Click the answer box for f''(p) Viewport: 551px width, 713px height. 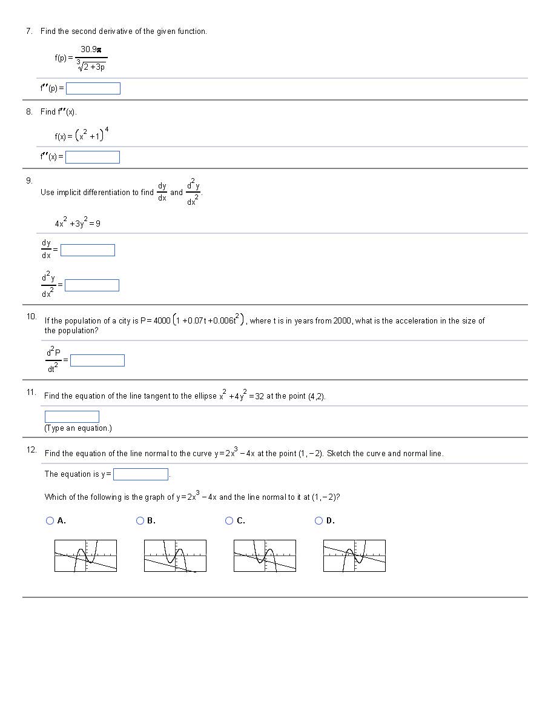tap(93, 88)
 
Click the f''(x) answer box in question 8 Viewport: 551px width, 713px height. tap(93, 158)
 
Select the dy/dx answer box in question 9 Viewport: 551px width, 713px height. tap(88, 250)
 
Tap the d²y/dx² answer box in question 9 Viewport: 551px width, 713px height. tap(92, 285)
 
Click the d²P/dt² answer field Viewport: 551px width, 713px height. tap(97, 360)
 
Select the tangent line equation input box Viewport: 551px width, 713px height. tap(72, 417)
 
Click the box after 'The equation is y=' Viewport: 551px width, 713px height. tap(141, 474)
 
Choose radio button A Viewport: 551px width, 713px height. tap(50, 520)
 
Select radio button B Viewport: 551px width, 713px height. tap(140, 520)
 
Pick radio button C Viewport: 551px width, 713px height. tap(229, 520)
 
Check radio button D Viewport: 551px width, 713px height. tap(319, 520)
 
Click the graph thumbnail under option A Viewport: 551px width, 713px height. tap(85, 555)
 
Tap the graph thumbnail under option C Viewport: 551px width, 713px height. tap(265, 555)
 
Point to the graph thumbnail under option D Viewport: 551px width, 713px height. tap(354, 555)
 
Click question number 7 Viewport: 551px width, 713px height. tap(29, 31)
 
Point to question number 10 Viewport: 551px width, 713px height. tap(31, 316)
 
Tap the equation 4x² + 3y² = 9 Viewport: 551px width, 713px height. tap(78, 223)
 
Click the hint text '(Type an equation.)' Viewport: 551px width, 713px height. tap(78, 428)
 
